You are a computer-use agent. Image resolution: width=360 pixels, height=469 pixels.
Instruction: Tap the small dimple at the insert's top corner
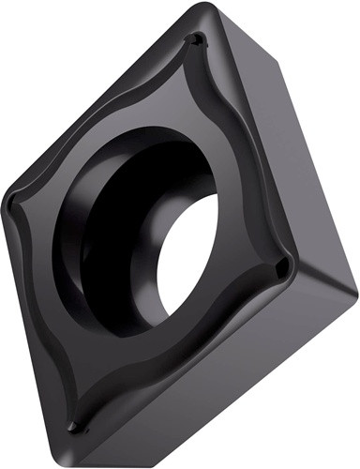pos(195,40)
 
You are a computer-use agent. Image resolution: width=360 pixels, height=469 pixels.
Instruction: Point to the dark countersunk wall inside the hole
pos(112,225)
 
